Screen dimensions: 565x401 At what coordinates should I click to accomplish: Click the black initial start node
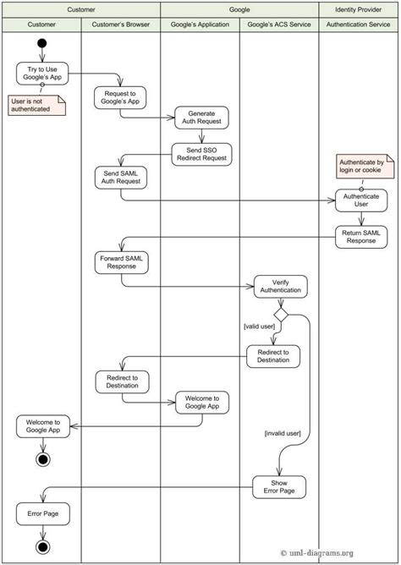(x=41, y=43)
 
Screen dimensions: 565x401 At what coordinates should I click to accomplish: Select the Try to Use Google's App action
(x=41, y=73)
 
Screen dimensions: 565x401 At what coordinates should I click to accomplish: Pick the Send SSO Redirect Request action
(x=200, y=153)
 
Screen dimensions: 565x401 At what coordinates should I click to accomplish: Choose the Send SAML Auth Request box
(x=120, y=177)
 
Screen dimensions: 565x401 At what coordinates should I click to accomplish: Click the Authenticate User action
(x=361, y=200)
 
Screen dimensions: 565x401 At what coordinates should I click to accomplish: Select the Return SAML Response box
(x=361, y=237)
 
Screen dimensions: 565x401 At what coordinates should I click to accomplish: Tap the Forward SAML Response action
(x=121, y=262)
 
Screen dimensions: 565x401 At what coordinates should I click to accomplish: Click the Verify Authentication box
(x=280, y=287)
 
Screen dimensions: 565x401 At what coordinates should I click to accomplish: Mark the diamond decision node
(x=280, y=315)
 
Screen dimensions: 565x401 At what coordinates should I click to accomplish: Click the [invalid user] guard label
(x=282, y=433)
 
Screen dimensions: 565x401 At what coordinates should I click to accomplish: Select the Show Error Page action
(x=279, y=486)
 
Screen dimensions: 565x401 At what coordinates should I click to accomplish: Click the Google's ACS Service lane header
(x=279, y=25)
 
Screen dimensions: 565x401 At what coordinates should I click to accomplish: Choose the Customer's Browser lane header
(x=120, y=25)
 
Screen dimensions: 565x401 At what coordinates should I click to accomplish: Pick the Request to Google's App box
(x=120, y=97)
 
